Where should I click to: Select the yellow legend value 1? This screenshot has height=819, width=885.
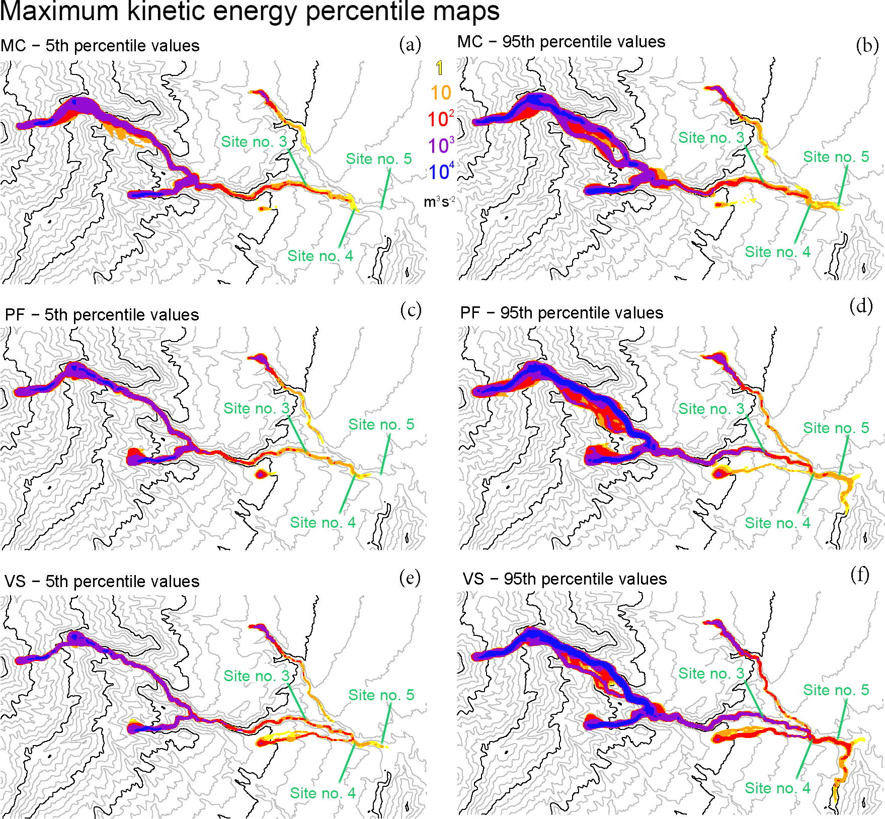tap(440, 68)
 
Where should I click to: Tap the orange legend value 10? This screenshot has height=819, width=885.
tap(441, 93)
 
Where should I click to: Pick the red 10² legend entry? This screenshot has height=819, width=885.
tap(440, 119)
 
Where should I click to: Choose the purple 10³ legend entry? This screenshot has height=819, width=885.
tap(441, 145)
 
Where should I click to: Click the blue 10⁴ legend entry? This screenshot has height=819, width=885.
tap(441, 172)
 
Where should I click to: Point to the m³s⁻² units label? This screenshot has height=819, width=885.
tap(439, 202)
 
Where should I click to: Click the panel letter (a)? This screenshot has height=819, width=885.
tap(410, 44)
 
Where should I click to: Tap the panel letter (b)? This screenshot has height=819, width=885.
tap(867, 45)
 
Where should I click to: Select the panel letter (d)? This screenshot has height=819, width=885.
tap(861, 305)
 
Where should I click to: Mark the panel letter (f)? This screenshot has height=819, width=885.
tap(860, 574)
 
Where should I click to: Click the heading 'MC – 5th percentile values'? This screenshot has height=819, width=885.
tap(100, 46)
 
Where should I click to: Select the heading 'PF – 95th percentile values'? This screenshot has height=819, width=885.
tap(561, 313)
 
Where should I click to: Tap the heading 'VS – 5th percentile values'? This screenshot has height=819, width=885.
tap(102, 582)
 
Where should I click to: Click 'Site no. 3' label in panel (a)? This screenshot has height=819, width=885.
tap(254, 142)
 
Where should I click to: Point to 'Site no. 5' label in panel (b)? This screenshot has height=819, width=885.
tap(836, 157)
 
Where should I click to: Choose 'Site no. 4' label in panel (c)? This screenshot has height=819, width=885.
tap(323, 523)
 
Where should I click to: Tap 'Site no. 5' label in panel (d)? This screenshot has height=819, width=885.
tap(836, 428)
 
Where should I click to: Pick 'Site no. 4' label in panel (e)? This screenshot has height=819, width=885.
tap(323, 793)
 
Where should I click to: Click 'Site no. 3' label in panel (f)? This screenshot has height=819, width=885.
tap(711, 674)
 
